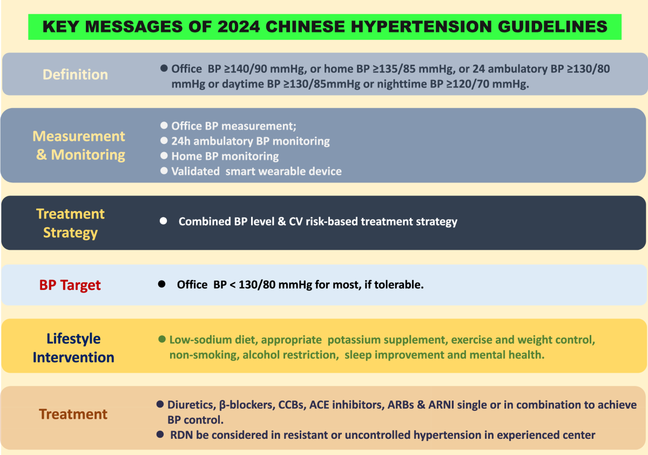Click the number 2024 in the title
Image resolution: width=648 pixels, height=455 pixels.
[x=239, y=26]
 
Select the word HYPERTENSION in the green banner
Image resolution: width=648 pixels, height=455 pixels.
[x=421, y=26]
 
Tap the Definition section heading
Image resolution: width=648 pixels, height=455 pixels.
[x=75, y=74]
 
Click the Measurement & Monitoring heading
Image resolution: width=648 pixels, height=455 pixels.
[x=79, y=145]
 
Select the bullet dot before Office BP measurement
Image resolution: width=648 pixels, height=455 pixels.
[x=164, y=125]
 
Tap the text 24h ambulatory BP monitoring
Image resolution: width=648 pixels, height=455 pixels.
[x=251, y=141]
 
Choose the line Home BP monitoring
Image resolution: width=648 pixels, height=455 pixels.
[x=225, y=156]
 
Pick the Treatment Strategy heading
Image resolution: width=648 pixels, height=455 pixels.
[x=70, y=223]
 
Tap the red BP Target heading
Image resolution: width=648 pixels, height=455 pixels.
[x=70, y=285]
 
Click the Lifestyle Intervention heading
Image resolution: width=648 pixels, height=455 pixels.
[x=73, y=348]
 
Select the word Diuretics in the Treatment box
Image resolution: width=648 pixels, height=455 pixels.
[x=192, y=405]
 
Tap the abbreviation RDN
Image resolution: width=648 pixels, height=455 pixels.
[x=181, y=435]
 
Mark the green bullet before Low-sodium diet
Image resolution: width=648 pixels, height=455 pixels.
[x=162, y=339]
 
